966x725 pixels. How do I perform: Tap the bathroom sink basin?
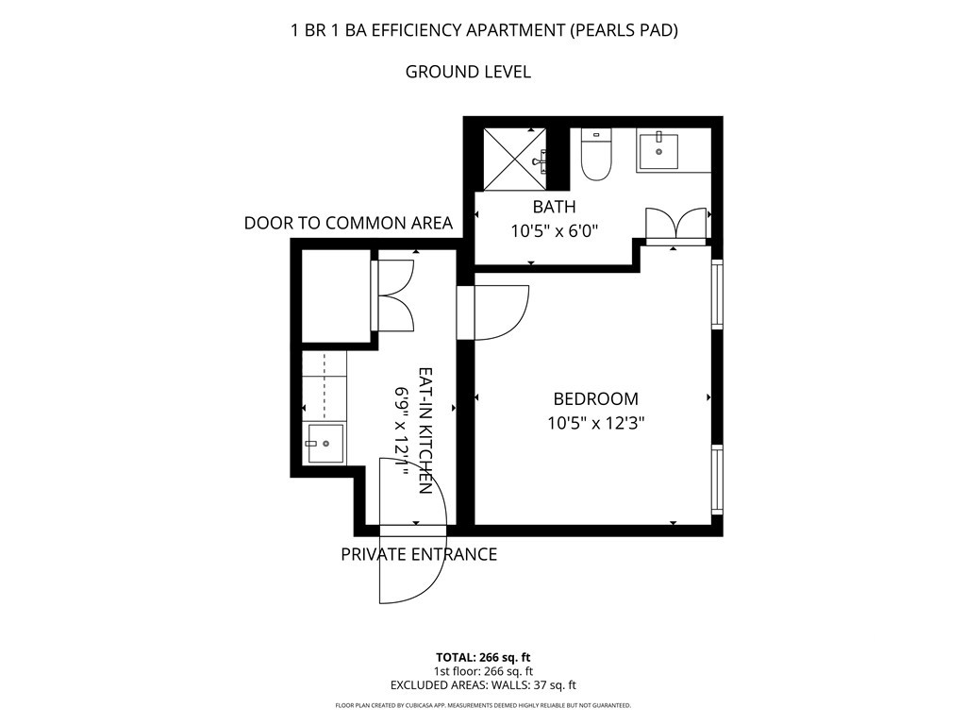click(658, 151)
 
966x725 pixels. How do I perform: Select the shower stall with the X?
click(514, 159)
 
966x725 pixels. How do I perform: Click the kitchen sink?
click(325, 444)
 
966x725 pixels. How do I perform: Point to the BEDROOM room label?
click(596, 399)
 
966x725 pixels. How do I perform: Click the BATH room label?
click(555, 207)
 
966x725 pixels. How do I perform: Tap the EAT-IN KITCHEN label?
click(425, 430)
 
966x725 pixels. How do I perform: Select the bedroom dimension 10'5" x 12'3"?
click(596, 424)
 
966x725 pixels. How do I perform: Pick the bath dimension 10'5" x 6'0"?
click(555, 231)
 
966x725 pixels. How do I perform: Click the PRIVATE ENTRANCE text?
click(419, 554)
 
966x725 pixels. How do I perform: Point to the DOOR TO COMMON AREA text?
click(349, 223)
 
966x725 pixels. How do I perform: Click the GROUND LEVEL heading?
click(468, 72)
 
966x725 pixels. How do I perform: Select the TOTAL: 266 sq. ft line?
click(483, 657)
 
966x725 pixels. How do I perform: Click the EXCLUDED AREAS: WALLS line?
click(483, 685)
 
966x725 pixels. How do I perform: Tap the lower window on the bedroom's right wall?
click(717, 481)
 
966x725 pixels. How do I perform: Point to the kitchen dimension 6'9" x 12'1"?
click(402, 430)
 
